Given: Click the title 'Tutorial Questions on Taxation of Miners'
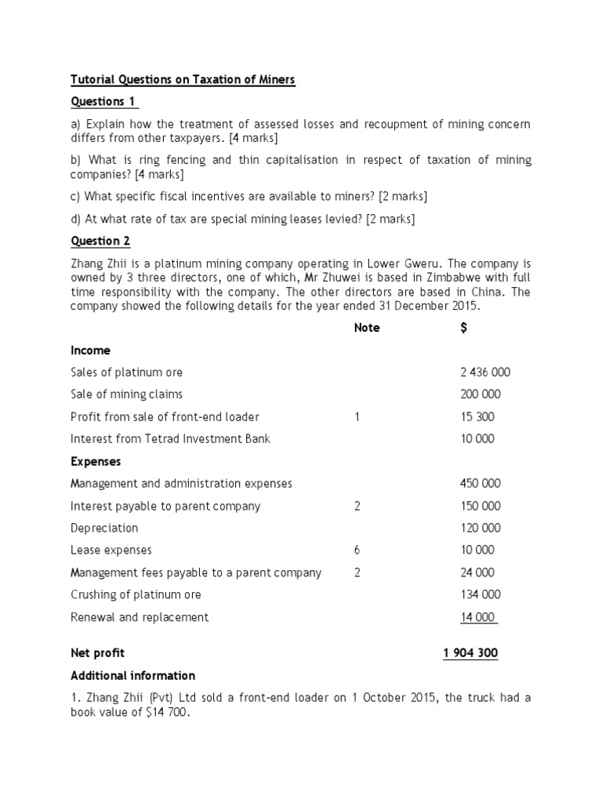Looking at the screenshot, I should coord(183,80).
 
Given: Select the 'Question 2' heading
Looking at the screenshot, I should coord(100,242).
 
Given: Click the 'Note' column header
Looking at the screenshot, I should coord(366,328).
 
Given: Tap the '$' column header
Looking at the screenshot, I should coord(464,328).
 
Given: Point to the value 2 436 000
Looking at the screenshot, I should coord(484,372).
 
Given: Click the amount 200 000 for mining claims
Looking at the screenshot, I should coord(480,394).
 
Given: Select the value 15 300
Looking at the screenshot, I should coord(477,417).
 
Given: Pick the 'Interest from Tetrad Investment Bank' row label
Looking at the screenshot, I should coord(170,439).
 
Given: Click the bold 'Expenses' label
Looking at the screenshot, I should coord(96,461).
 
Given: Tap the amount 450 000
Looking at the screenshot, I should coord(480,484).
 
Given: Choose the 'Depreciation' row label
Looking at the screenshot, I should coord(104,529).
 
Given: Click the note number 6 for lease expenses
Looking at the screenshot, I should coord(357,550).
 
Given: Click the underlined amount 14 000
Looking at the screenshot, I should coord(478,617).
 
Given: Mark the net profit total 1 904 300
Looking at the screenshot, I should coord(470,653).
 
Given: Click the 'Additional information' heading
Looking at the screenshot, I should coord(132,675).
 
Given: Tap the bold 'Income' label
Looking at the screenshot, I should coord(90,351).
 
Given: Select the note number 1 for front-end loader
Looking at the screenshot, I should coord(357,417).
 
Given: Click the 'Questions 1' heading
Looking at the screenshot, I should coord(105,102).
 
